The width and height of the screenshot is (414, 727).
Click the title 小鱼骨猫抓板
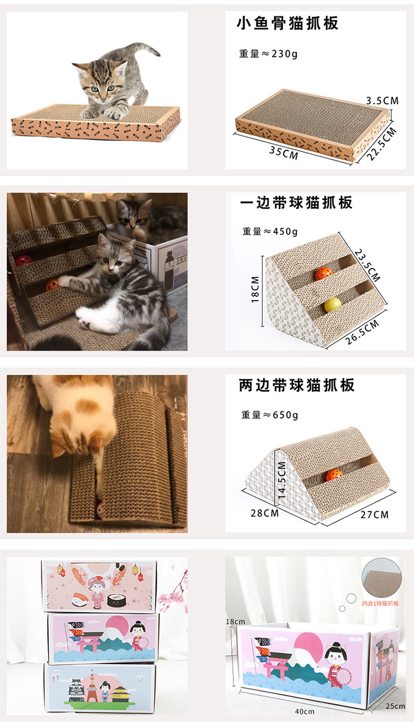(x=287, y=23)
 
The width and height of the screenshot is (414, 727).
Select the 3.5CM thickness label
(x=382, y=100)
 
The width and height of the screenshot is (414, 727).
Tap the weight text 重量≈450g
(x=270, y=231)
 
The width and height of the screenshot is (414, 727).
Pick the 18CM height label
(x=255, y=289)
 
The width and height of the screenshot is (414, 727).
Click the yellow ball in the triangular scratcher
(x=332, y=304)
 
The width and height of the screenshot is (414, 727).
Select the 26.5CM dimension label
(x=362, y=333)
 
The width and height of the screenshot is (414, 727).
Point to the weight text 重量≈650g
(x=269, y=415)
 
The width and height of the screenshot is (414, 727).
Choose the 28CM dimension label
(x=264, y=514)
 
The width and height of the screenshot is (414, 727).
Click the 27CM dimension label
(x=374, y=515)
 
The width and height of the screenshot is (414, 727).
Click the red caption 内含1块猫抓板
(x=380, y=603)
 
